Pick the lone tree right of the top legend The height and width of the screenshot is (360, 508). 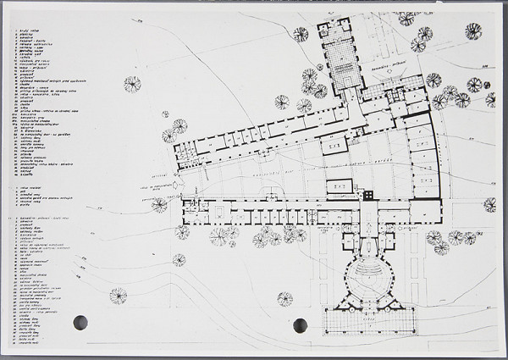[132, 83]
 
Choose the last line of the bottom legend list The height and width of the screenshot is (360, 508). [29, 343]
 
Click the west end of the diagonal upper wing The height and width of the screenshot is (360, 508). [180, 153]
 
